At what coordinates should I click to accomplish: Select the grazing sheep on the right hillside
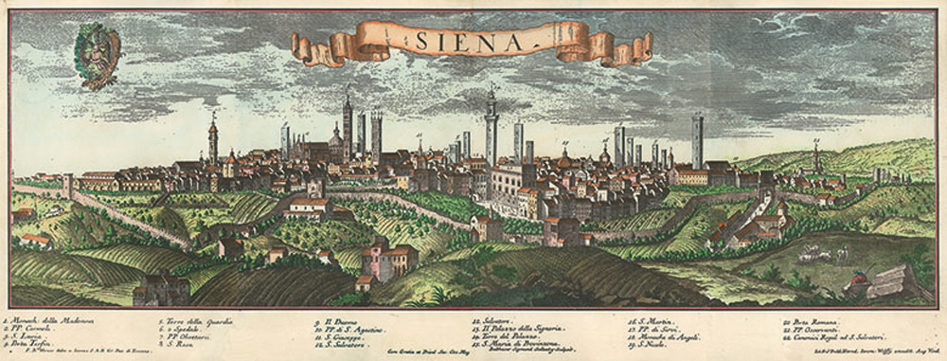coord(812,253)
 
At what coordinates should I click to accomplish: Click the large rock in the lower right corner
coord(890,282)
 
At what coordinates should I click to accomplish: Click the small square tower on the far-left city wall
coord(68,183)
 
